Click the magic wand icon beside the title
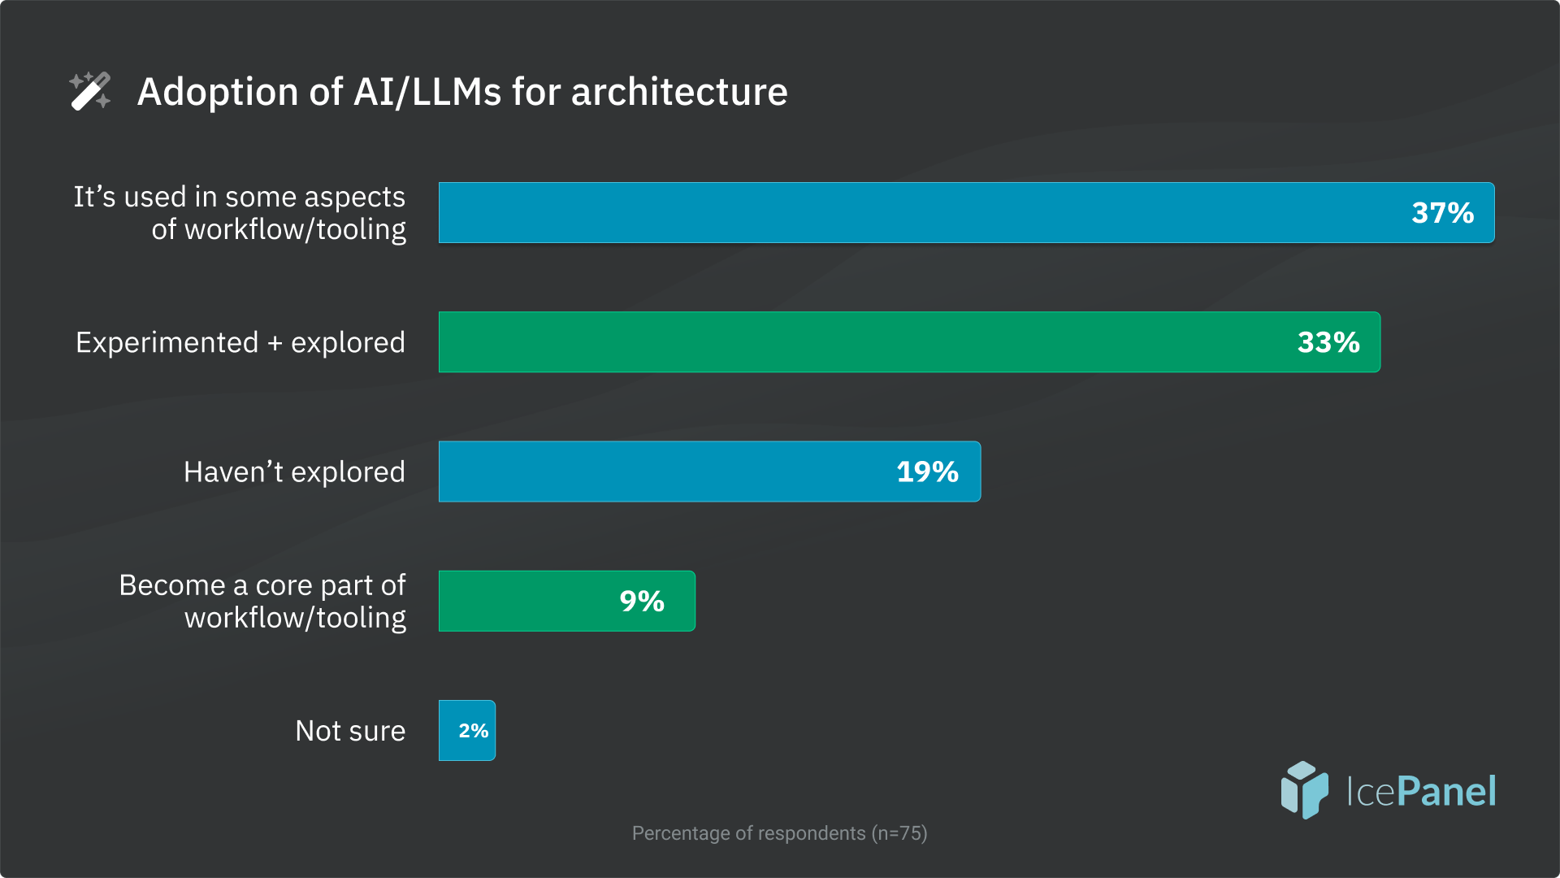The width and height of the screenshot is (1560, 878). tap(90, 91)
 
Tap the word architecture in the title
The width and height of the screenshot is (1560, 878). tap(679, 92)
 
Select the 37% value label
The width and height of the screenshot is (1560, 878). tap(1442, 213)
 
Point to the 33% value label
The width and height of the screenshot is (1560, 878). tap(1328, 342)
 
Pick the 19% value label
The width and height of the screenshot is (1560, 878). tap(927, 472)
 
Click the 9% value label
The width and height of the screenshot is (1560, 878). tap(642, 602)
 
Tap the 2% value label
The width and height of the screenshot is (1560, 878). tap(473, 731)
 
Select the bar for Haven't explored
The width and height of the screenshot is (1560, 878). tap(666, 472)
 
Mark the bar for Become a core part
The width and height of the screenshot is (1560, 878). tap(528, 602)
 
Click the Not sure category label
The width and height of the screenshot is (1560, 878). tap(350, 731)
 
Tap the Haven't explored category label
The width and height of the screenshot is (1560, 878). tap(294, 472)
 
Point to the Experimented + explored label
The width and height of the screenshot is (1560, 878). tap(240, 343)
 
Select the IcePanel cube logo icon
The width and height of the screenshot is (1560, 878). tap(1304, 789)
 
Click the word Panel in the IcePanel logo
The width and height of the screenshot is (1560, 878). tap(1447, 791)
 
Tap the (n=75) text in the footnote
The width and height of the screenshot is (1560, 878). tap(899, 833)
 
